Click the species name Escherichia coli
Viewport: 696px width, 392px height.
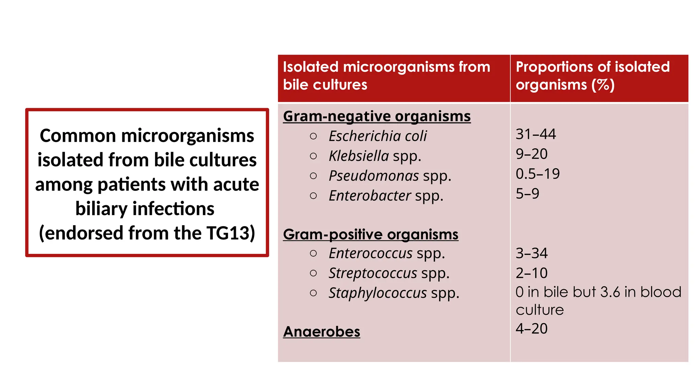point(377,136)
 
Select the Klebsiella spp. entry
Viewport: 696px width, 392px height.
point(375,156)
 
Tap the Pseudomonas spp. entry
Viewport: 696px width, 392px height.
point(389,176)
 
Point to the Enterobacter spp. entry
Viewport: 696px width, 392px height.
point(386,196)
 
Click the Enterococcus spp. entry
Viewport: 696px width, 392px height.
point(386,254)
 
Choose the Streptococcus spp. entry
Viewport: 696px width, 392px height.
point(389,273)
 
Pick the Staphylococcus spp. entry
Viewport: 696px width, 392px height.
point(394,293)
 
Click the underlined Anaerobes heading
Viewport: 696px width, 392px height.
point(321,332)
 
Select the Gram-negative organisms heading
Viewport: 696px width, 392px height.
point(377,116)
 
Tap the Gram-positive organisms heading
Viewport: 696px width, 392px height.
point(370,234)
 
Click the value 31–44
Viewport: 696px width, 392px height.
point(536,134)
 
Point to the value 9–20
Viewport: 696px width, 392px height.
point(532,154)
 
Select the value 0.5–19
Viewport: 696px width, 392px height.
point(538,174)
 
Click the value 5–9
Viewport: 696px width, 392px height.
point(527,194)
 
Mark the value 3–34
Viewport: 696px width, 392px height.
point(532,253)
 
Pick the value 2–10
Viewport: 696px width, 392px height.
point(532,273)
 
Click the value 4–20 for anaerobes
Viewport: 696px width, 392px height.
point(532,329)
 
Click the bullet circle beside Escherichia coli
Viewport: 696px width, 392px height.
point(313,136)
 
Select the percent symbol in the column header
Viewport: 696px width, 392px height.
point(603,85)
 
